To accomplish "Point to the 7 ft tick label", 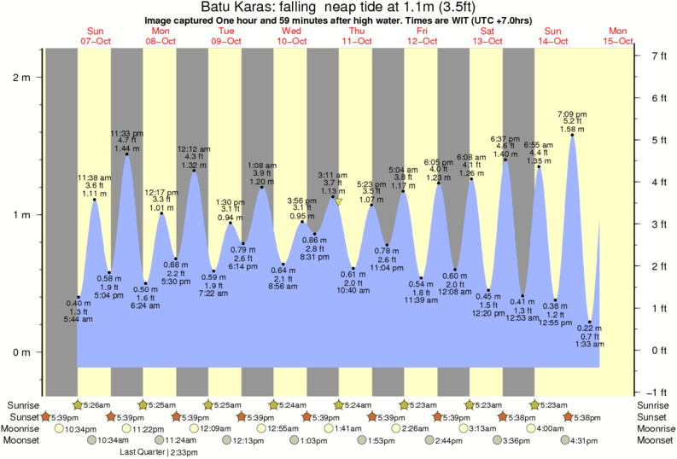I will click(x=657, y=56).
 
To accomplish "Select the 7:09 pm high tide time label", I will click(x=572, y=113).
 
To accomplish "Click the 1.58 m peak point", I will click(x=572, y=135).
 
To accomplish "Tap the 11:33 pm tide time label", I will click(x=127, y=134).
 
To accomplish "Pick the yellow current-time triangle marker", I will click(x=339, y=202).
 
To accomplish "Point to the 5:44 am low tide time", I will click(x=79, y=320).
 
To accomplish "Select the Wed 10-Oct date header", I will click(x=291, y=37).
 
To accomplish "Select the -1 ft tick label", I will click(x=657, y=392).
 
